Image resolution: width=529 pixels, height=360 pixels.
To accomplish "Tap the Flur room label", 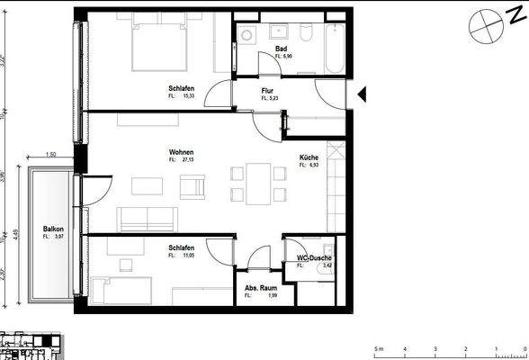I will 267,91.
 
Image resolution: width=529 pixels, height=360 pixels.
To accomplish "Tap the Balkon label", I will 53,229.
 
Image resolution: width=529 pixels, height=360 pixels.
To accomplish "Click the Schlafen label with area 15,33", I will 181,88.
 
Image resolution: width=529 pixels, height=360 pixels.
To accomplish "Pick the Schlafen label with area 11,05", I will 181,249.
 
